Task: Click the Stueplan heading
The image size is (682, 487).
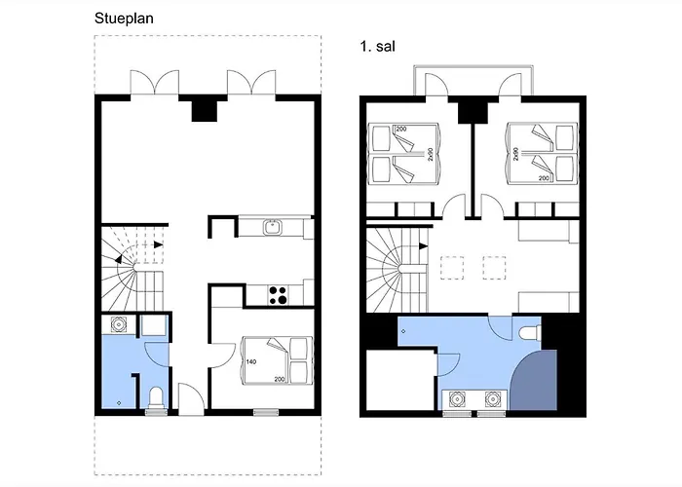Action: pyautogui.click(x=124, y=19)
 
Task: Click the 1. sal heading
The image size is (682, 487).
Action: pyautogui.click(x=378, y=46)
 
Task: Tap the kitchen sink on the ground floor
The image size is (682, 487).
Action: pyautogui.click(x=272, y=227)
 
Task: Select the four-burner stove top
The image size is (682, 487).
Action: pyautogui.click(x=278, y=294)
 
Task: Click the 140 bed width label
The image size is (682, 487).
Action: pyautogui.click(x=251, y=361)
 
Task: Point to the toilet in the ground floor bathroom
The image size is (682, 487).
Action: pyautogui.click(x=156, y=398)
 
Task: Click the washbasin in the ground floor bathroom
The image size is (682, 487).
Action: pyautogui.click(x=118, y=324)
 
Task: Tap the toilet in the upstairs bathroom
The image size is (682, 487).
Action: pyautogui.click(x=530, y=333)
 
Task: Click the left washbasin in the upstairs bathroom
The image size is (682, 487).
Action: pyautogui.click(x=457, y=398)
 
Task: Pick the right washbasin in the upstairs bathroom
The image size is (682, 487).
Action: pyautogui.click(x=492, y=398)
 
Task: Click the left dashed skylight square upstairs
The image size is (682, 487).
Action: pyautogui.click(x=452, y=268)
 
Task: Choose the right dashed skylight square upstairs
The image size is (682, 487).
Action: pyautogui.click(x=494, y=268)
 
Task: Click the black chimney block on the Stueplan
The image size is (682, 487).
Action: pyautogui.click(x=205, y=111)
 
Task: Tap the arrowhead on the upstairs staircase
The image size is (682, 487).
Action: pyautogui.click(x=423, y=246)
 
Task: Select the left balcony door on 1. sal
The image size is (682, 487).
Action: pyautogui.click(x=436, y=85)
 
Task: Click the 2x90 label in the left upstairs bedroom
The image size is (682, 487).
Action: pyautogui.click(x=431, y=154)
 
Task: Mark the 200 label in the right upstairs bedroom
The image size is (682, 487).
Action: pyautogui.click(x=544, y=178)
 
